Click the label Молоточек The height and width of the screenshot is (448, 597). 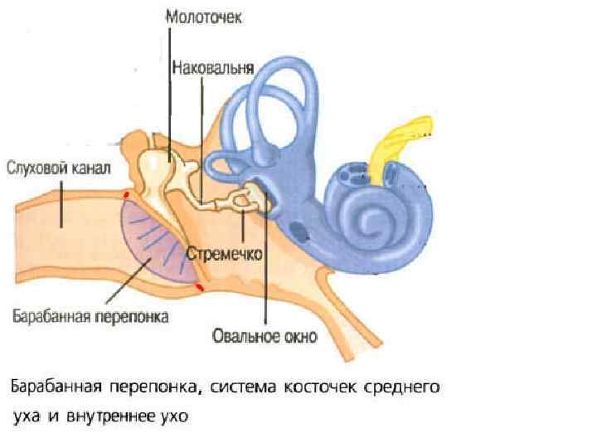pos(204,17)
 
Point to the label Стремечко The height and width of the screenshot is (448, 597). pos(225,252)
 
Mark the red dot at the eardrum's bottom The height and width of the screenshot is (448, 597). pos(199,286)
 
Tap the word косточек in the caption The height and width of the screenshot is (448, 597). pos(323,387)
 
